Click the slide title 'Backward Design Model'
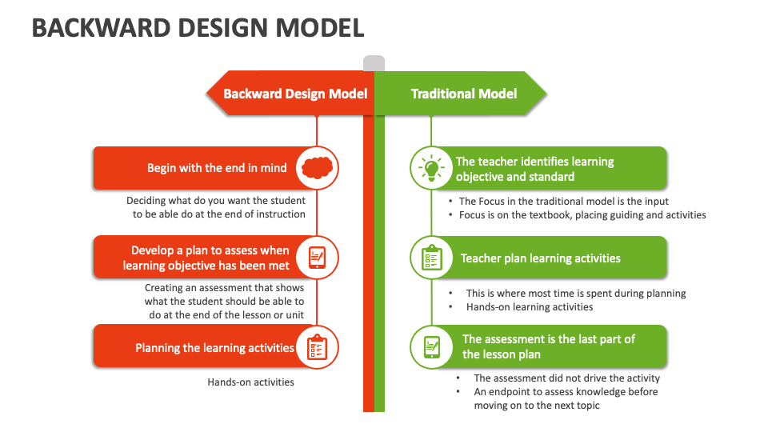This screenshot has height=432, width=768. coord(198,28)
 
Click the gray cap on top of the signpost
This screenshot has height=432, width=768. coord(374,63)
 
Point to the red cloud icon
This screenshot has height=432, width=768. coord(317,168)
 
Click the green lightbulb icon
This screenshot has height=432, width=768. coord(431,168)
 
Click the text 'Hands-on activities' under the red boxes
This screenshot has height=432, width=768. coord(250,382)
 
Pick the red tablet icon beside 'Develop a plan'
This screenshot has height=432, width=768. coord(317,258)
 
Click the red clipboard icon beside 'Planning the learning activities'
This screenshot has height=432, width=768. coord(317,348)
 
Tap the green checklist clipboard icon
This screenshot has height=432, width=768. coord(431,258)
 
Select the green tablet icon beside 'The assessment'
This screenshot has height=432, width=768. coord(431,347)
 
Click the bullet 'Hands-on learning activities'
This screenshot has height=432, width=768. coord(530,307)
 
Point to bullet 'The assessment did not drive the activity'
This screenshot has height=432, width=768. coord(566,378)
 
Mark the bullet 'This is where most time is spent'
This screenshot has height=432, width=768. coord(576,294)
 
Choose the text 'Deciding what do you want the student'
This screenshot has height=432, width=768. coord(216,202)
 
